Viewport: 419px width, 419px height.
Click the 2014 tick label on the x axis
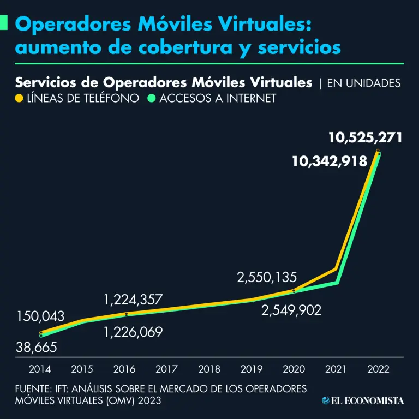(40, 369)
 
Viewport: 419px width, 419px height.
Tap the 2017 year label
(167, 369)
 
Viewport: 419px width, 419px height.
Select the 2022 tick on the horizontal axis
(378, 369)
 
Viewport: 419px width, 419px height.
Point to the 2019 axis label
(252, 369)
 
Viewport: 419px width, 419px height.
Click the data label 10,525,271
(366, 137)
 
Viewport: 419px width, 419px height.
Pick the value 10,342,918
(329, 161)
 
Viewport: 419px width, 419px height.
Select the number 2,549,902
(291, 310)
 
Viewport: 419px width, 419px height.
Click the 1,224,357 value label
(141, 300)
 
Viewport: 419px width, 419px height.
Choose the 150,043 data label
(40, 316)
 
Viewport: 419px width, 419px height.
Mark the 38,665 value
(37, 348)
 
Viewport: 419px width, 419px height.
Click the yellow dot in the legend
(19, 99)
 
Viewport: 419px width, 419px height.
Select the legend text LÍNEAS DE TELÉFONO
(79, 99)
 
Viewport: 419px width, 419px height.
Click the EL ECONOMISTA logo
(363, 401)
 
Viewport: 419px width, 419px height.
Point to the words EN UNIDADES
(363, 83)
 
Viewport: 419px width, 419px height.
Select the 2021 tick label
(336, 369)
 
